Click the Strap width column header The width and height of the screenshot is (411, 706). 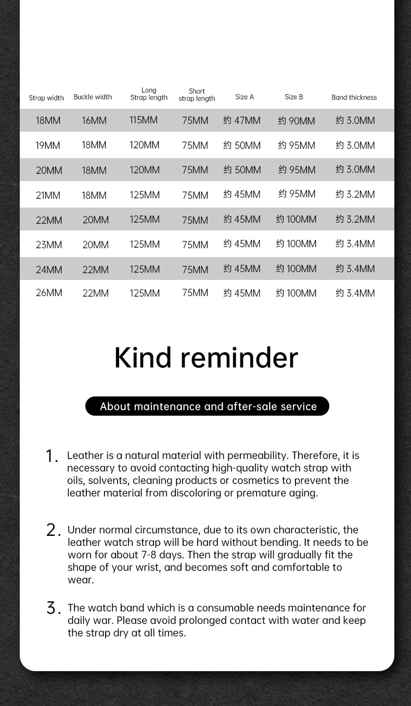[x=46, y=98]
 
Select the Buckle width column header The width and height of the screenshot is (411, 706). [x=93, y=97]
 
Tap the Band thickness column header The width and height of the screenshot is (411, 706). [x=354, y=97]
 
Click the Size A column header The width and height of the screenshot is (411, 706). [x=245, y=97]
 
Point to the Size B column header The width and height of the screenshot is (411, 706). [x=293, y=97]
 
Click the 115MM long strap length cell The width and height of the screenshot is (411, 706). [x=144, y=120]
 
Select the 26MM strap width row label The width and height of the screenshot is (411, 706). [x=48, y=293]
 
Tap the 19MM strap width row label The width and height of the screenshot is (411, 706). [x=48, y=145]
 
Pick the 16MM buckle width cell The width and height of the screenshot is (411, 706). [x=94, y=121]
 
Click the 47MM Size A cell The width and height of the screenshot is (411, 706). [x=242, y=121]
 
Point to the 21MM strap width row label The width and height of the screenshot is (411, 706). [x=48, y=195]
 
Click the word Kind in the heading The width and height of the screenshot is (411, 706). [x=143, y=357]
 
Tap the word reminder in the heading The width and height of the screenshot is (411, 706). [x=239, y=357]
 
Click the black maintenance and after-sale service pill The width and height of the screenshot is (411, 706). [x=207, y=406]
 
